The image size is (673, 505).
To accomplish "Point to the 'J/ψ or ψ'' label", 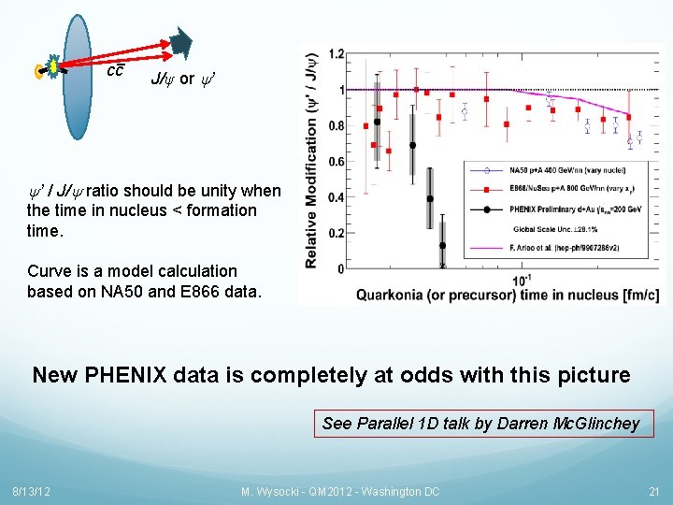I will (x=185, y=79).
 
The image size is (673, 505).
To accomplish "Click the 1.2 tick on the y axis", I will (x=336, y=54).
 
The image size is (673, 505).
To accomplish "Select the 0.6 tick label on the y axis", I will (x=336, y=162).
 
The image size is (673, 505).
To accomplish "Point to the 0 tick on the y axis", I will (x=341, y=268).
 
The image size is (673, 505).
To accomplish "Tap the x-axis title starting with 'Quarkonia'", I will (x=507, y=296).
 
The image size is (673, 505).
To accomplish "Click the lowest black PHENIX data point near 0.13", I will (x=442, y=246).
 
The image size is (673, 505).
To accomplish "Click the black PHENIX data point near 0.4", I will (x=430, y=198).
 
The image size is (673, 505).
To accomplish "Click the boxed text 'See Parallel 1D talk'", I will (x=480, y=424).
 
